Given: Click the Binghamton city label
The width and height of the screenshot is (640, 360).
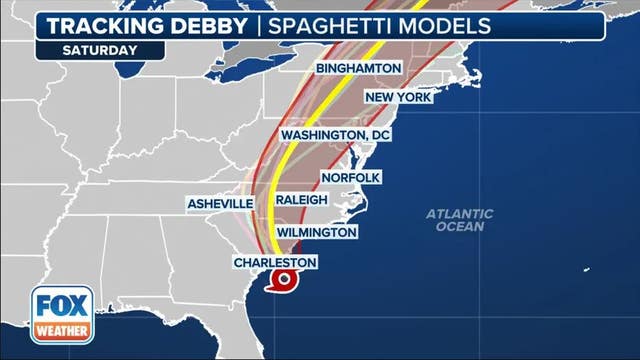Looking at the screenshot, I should [x=358, y=68].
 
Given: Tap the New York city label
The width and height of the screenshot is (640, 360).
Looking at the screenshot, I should [x=397, y=97].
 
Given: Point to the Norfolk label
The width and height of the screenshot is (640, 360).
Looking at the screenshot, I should [x=350, y=177].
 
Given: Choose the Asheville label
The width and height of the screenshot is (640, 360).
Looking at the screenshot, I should [x=220, y=203].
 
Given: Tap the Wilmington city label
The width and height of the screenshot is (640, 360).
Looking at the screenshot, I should [x=316, y=232].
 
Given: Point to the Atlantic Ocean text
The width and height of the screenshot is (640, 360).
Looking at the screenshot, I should [x=459, y=220].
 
